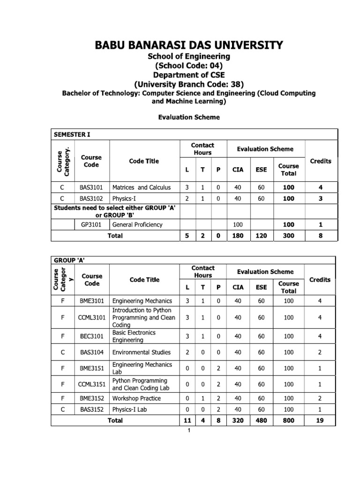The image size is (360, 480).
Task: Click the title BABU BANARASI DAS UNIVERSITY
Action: point(189,45)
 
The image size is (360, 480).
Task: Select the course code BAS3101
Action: point(91,187)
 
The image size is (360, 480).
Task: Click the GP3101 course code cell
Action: point(91,225)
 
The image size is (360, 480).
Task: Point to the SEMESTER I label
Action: point(72,134)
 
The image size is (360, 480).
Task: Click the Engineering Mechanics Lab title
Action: point(142,368)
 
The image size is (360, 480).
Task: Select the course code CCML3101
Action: point(91,317)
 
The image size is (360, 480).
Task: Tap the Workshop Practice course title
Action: point(136,398)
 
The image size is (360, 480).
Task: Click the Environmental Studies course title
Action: point(142,352)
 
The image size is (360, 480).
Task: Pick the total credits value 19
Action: point(320,420)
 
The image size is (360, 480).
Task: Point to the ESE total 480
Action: point(261,420)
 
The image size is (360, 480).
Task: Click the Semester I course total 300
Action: point(288,236)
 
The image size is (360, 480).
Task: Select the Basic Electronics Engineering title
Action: point(134,336)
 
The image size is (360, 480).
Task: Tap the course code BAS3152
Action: point(91,409)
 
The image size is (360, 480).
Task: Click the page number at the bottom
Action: point(188,431)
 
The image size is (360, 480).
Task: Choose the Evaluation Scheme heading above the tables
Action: point(188,117)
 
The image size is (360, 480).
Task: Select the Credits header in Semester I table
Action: point(321,161)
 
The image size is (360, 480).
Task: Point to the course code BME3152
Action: point(91,398)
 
